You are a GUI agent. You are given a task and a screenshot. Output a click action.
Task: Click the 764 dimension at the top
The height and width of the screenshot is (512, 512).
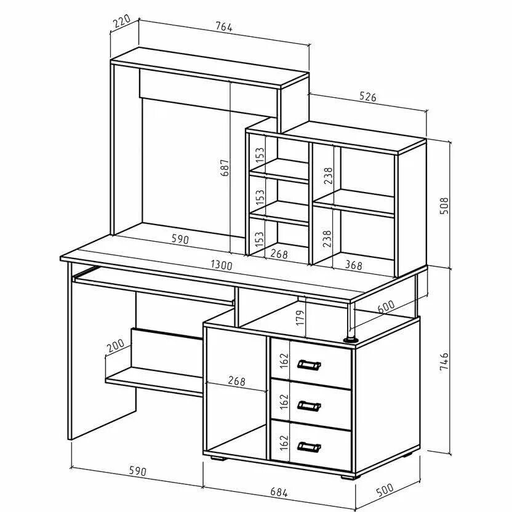(224, 26)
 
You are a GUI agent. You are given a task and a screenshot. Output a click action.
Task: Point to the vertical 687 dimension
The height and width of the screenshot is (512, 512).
(225, 169)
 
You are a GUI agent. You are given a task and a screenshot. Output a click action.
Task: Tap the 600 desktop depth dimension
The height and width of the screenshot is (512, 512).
(386, 306)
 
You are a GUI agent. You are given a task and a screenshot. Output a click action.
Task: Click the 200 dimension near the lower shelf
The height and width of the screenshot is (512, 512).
(114, 346)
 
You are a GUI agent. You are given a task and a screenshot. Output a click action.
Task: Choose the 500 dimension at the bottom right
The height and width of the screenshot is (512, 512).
(384, 490)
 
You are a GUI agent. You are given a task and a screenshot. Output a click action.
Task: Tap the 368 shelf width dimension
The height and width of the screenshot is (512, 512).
(353, 266)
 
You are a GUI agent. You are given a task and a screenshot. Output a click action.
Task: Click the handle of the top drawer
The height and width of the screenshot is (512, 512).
(309, 366)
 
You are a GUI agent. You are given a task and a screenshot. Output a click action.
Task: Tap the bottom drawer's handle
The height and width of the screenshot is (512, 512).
(309, 446)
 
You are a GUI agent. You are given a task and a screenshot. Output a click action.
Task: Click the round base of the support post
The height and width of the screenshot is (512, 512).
(351, 338)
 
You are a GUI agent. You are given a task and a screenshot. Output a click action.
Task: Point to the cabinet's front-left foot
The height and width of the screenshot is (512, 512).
(217, 457)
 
